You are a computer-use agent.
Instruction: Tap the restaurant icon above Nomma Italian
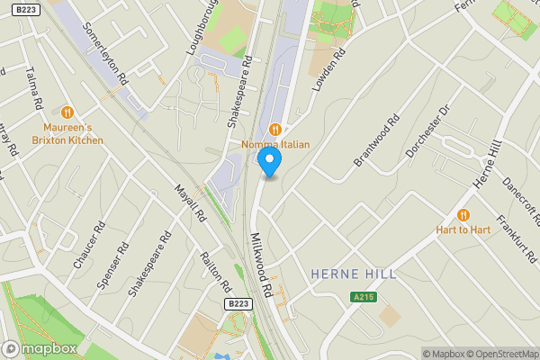click(275, 129)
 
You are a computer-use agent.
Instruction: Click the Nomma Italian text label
click(275, 145)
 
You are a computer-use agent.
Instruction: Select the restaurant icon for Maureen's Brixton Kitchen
click(67, 112)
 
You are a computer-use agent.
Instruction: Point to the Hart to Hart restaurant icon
click(463, 214)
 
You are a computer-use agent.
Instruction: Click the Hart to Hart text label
click(463, 229)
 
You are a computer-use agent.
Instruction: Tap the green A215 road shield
click(363, 297)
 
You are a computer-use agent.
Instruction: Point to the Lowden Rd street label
click(329, 70)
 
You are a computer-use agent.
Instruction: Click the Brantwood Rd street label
click(375, 140)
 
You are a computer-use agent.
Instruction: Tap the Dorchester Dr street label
click(426, 131)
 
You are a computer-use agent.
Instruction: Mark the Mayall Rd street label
click(190, 204)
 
